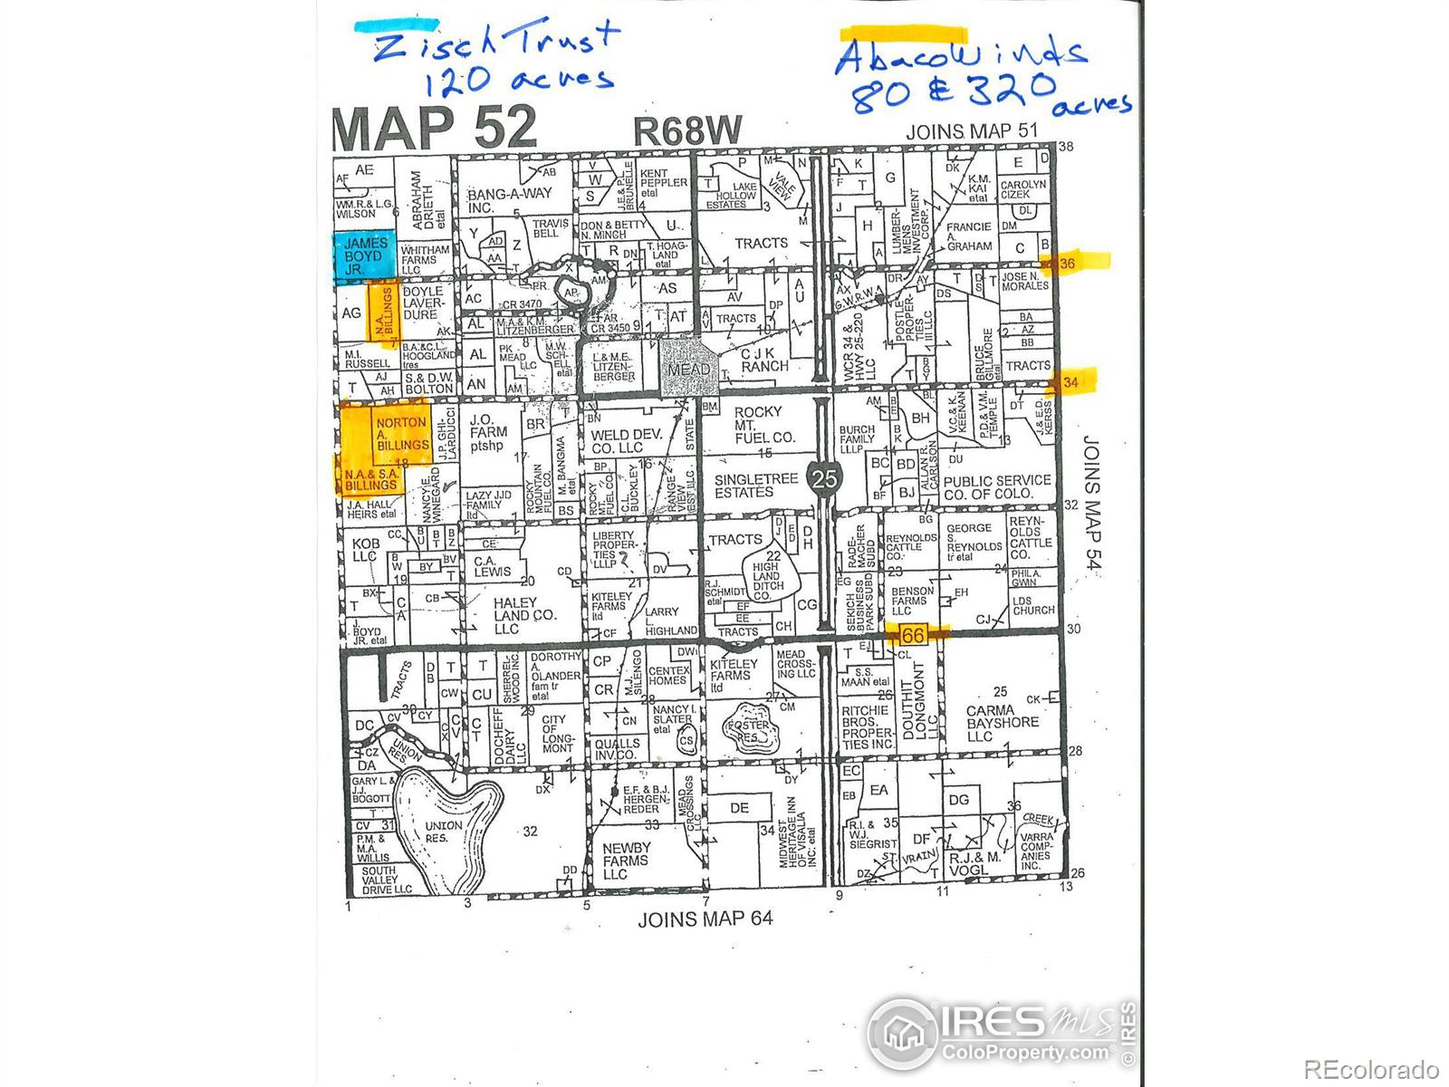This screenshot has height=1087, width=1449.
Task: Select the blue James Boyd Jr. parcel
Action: coord(365,255)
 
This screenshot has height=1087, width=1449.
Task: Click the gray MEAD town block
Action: coord(689,368)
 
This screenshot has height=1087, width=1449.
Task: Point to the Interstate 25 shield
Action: coord(824,478)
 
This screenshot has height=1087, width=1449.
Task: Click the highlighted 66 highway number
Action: coord(913,635)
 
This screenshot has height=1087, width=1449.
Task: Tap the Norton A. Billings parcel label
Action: coord(402,434)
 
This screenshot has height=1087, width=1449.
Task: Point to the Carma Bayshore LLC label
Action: coord(1003,723)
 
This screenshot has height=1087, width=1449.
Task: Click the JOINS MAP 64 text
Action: coord(705,919)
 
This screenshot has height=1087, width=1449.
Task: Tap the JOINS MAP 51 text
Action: coord(972,131)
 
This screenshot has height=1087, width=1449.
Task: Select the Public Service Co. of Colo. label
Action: coord(997,486)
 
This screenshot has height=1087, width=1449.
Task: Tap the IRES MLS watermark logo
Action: coord(1000,1033)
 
